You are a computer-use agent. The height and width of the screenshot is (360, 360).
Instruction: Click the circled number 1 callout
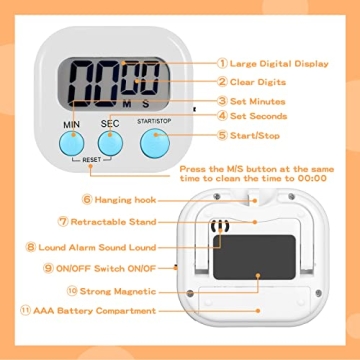point(221,63)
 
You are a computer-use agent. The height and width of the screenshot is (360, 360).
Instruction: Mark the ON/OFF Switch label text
point(103,268)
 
